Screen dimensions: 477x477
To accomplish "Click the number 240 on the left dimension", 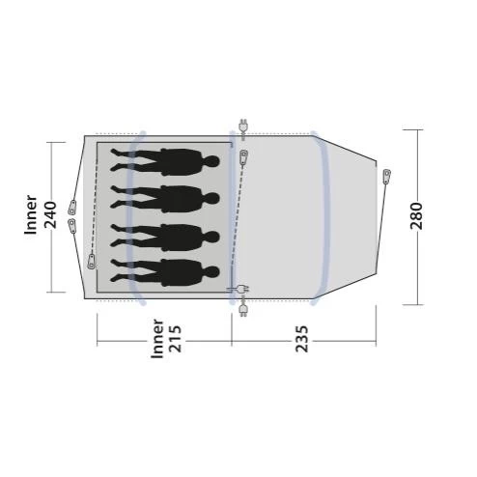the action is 50,214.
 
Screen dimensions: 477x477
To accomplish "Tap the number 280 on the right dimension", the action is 416,215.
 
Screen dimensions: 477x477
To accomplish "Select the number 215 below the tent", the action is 176,339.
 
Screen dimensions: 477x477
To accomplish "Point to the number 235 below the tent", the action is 302,339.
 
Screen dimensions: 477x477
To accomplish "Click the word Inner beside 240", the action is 31,214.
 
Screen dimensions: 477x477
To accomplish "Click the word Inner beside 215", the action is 157,339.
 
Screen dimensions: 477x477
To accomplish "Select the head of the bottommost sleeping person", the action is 211,272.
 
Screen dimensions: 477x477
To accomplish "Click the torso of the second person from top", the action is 181,199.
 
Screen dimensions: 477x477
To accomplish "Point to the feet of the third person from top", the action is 115,236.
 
